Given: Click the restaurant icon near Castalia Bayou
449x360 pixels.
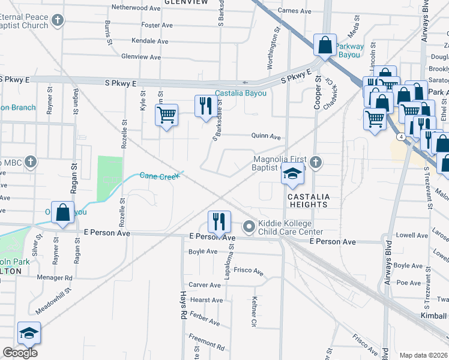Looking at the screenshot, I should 206,106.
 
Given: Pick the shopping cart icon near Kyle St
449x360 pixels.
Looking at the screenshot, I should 166,114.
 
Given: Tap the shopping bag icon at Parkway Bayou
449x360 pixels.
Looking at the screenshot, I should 324,45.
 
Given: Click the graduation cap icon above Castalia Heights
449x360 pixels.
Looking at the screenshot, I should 292,175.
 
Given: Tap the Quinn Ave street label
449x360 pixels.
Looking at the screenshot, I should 266,137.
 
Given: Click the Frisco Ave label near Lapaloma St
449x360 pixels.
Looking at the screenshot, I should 249,271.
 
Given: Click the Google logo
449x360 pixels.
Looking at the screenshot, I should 20,353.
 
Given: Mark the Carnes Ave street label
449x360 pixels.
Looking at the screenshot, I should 295,11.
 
